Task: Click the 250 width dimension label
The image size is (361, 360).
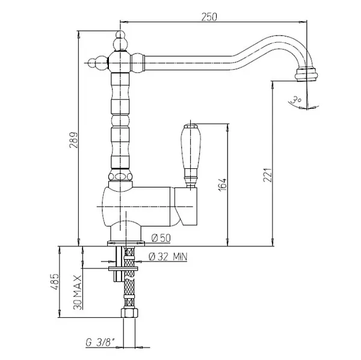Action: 209,17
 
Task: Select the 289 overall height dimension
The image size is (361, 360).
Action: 73,140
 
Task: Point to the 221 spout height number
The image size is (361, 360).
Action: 268,175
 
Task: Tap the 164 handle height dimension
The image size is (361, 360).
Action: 223,185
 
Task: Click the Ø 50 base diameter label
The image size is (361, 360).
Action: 161,238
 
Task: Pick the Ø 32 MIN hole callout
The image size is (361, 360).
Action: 168,257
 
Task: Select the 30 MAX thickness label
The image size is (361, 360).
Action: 78,292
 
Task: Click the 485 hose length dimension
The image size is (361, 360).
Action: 54,281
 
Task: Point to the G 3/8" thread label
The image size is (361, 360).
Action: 100,343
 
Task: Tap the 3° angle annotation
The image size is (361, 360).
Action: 296,100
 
